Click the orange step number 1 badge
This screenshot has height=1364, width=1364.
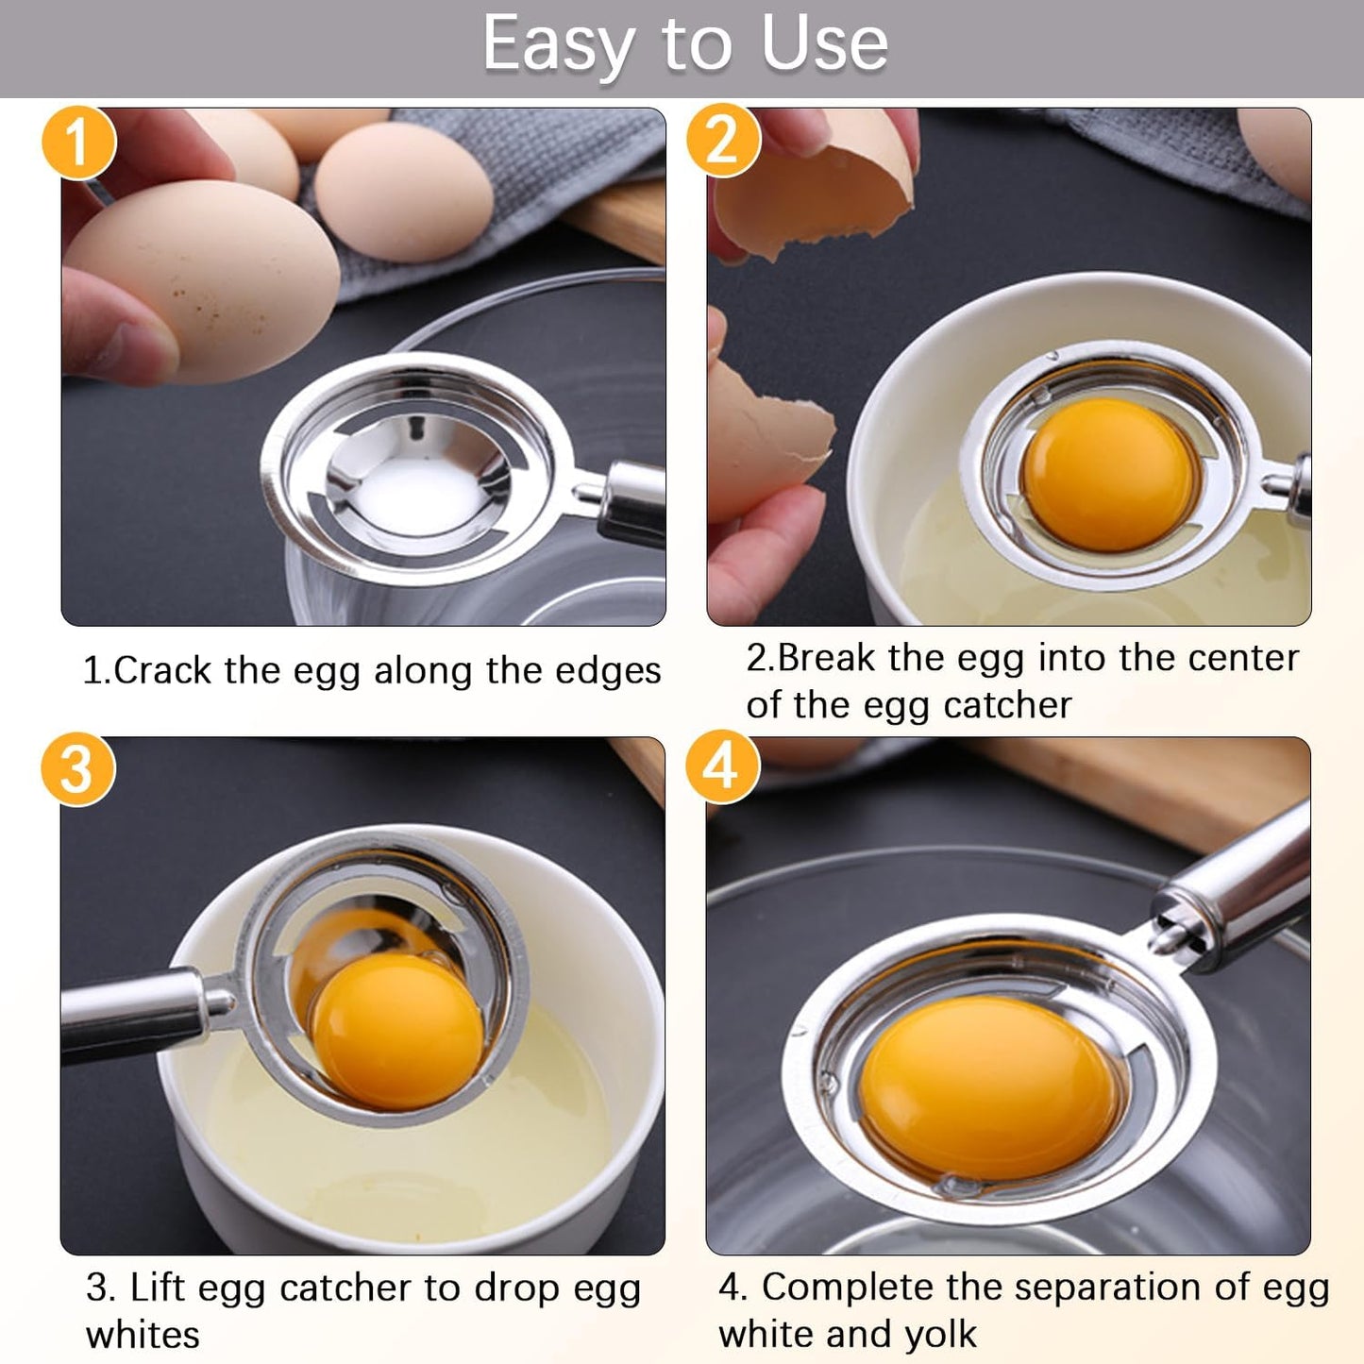[x=78, y=142]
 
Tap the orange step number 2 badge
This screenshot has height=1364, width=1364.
[x=722, y=142]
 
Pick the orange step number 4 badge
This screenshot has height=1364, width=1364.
[x=722, y=766]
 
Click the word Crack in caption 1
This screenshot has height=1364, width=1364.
[x=162, y=671]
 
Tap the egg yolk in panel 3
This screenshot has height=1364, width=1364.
[x=397, y=1031]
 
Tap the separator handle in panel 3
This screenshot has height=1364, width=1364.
[x=132, y=1015]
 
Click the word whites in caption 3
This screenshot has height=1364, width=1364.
[x=143, y=1335]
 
